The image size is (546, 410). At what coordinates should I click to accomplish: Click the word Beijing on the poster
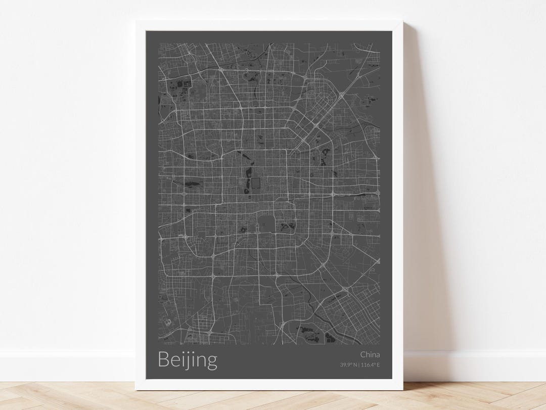pos(188,360)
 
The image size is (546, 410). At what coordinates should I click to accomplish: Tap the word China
pos(370,354)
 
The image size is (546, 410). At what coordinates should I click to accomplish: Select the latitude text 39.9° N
pos(348,365)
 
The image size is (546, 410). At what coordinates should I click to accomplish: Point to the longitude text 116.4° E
pos(371,365)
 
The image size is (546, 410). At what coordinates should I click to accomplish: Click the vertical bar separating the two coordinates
pos(359,365)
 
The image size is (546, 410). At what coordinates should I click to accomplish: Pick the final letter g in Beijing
pos(211,362)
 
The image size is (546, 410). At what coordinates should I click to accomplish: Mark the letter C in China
pos(363,354)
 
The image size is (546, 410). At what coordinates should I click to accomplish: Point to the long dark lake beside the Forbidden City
pos(248,178)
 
